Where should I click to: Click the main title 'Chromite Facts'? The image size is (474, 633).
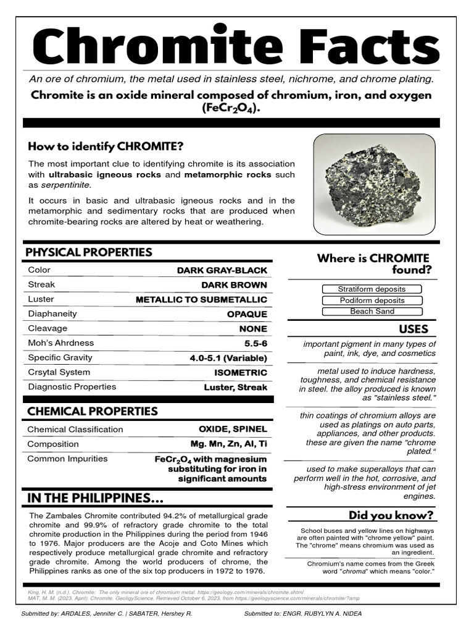pos(237,46)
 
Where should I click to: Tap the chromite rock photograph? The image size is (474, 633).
pos(374,184)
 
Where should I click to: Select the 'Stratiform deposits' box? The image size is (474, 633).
pos(372,289)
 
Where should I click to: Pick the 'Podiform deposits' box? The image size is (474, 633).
pos(372,300)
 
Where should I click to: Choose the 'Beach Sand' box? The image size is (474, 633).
pos(372,312)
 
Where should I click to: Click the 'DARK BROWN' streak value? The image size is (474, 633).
pos(234,285)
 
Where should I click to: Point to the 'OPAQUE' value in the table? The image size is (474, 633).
pos(247,314)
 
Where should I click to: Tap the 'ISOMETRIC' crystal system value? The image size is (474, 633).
pos(241,373)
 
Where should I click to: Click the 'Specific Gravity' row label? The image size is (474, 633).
pos(60,358)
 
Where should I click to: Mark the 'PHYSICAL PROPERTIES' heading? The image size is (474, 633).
pos(88,252)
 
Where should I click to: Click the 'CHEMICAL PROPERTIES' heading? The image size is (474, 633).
pos(91,411)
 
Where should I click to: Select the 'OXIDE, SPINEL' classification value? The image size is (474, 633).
pos(233,429)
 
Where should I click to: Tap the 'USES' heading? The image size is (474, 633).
pos(413,329)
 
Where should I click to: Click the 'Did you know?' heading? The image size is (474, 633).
pos(391,515)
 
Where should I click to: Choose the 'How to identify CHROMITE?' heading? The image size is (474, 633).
pos(106,147)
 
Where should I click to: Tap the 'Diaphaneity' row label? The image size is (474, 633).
pos(52,314)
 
